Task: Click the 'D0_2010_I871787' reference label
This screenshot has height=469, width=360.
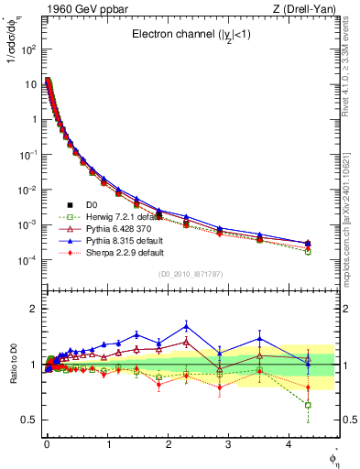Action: [x=190, y=274]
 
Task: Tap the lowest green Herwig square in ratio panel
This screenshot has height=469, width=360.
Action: [x=308, y=405]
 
